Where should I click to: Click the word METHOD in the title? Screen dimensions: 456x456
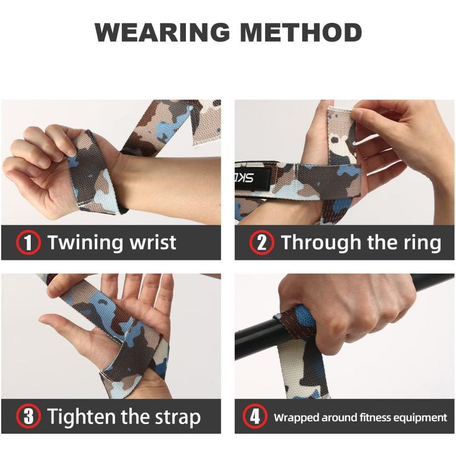coord(302,32)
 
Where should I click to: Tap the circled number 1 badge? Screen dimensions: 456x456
coord(28,243)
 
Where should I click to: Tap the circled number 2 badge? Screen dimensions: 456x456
coord(262,243)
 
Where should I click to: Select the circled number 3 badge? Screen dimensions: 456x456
coord(28,417)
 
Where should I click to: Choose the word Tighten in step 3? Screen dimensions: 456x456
coord(82,417)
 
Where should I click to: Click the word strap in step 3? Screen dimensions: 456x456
coord(176,418)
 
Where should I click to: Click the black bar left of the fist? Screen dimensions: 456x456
coord(256,336)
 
